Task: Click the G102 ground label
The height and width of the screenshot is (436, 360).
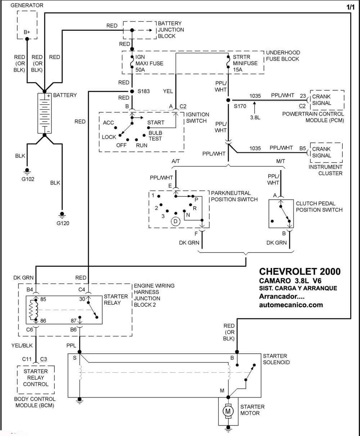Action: coord(28,179)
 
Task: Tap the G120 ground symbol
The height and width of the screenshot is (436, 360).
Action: coord(62,215)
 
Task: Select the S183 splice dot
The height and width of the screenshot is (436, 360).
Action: coord(132,91)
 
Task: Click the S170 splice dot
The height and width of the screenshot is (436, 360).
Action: coord(228,100)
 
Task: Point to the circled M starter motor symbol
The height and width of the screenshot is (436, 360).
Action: coord(228,411)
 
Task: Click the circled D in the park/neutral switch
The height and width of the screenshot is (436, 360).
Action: coord(176,221)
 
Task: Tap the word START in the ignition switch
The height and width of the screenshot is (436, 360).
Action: coord(156,123)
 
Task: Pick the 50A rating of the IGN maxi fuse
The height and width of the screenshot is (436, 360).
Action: coord(140,70)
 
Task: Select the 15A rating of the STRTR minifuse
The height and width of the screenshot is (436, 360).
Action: coord(238,69)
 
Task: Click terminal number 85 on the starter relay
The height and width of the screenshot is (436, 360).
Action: coord(43,299)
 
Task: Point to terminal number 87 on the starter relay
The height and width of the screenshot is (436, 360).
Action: coord(73,321)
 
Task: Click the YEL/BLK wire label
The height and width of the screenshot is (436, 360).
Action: coord(22,346)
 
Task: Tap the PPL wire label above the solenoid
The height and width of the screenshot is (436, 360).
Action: coord(71,346)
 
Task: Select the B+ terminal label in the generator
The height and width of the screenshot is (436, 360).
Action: coord(27,32)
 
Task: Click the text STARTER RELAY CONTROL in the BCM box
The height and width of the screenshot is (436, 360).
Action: coord(36,377)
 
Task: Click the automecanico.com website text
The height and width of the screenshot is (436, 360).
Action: coord(291,305)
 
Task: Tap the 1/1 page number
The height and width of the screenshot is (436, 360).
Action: coord(350,7)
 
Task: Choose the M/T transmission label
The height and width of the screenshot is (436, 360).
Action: coord(280,161)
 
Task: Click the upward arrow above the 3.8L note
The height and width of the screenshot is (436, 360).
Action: coord(255,108)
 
